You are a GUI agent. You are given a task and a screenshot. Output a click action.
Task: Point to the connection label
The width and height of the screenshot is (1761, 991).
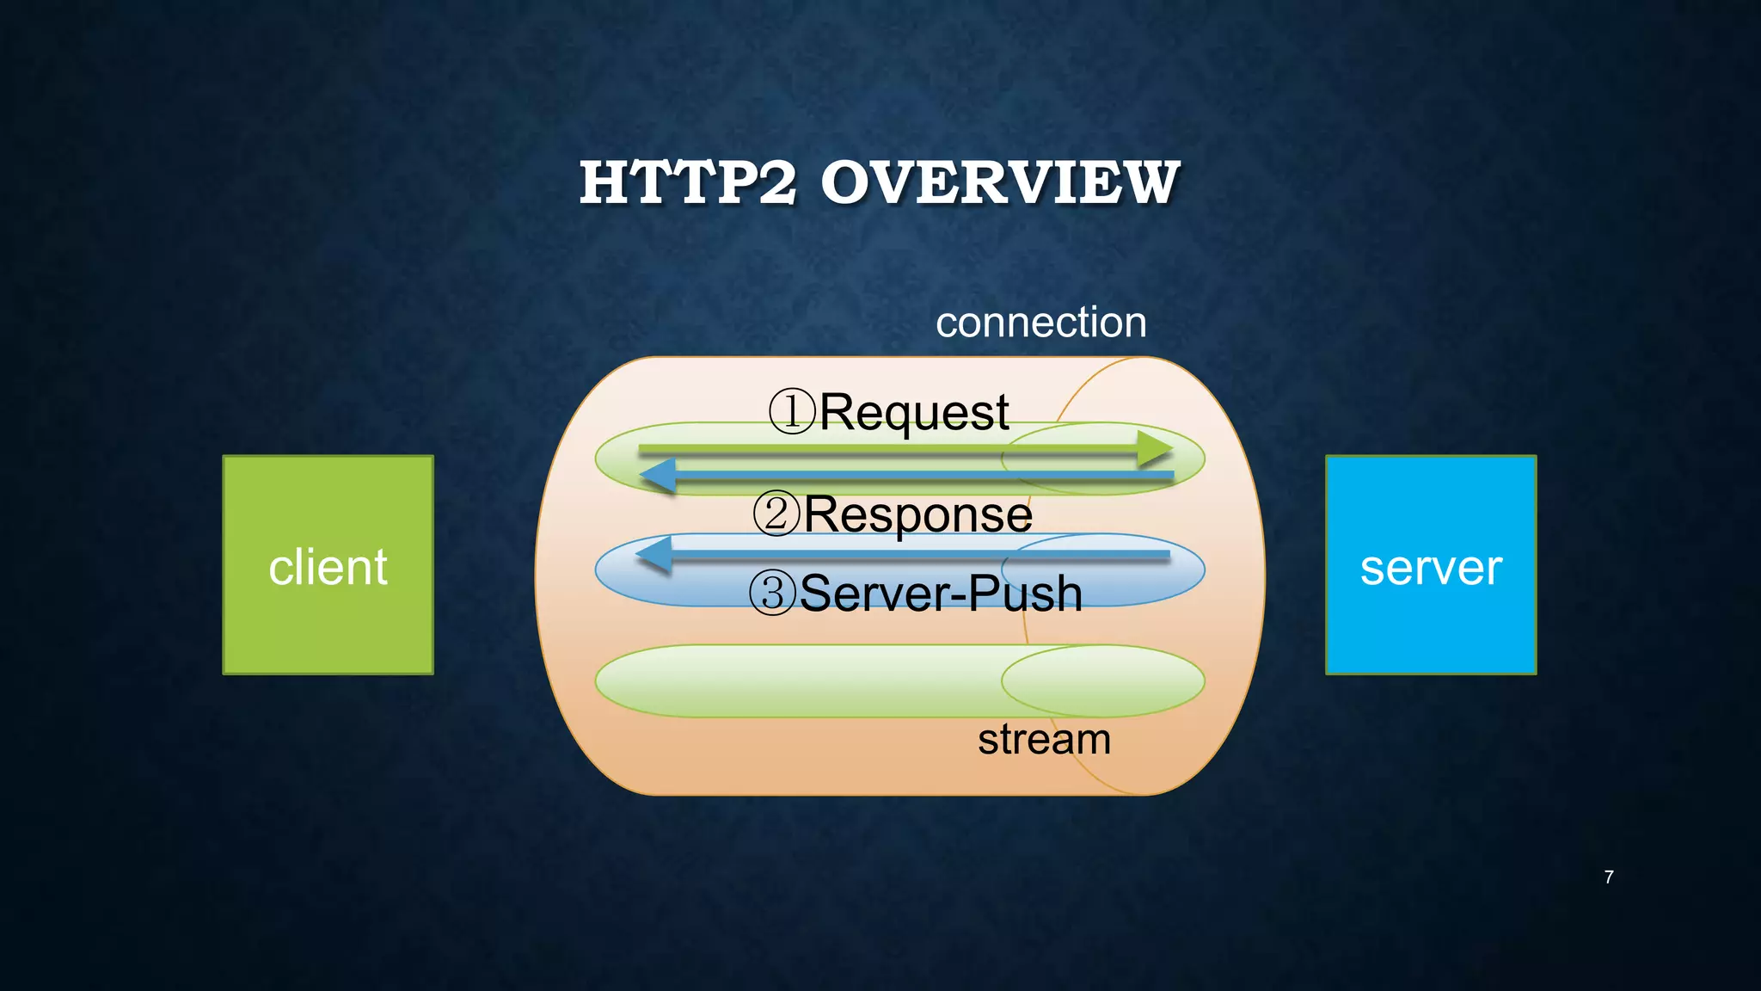[x=1040, y=323]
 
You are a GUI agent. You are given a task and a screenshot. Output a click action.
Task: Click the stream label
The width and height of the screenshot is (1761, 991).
[x=1044, y=739]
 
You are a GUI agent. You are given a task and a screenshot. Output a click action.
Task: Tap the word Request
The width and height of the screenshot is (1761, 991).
[x=913, y=412]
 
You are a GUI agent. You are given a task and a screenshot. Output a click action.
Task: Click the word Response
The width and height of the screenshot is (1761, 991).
[x=917, y=514]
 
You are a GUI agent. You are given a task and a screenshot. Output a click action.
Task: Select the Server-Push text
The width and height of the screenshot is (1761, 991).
[x=940, y=594]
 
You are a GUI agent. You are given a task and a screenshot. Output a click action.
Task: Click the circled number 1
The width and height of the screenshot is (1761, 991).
[x=791, y=411]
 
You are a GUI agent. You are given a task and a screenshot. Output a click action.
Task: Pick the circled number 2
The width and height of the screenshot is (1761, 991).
[x=776, y=514]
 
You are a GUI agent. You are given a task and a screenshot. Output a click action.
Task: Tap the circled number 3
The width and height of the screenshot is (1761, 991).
[x=772, y=593]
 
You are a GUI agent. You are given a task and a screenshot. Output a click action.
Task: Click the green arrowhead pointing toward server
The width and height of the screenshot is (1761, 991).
[x=1154, y=448]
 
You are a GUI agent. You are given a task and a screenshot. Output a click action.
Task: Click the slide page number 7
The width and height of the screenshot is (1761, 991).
[x=1608, y=877]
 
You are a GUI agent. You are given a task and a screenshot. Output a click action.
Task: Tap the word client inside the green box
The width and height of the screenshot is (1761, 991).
[x=328, y=568]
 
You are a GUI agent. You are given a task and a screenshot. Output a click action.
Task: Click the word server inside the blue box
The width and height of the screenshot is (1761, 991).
[x=1431, y=568]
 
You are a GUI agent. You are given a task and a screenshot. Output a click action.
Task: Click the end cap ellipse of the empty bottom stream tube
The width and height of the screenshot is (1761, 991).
[x=1102, y=681]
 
